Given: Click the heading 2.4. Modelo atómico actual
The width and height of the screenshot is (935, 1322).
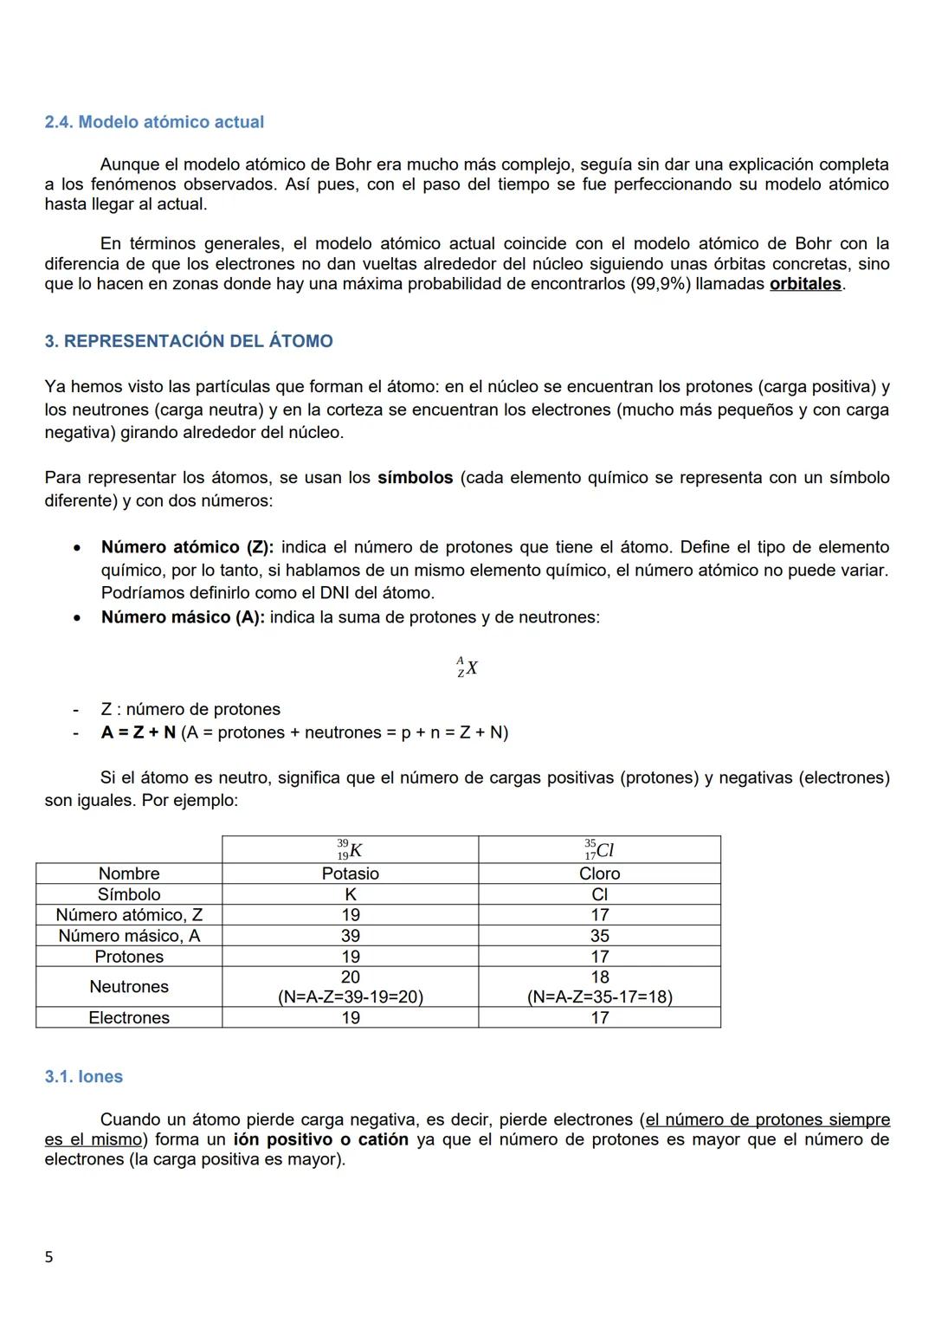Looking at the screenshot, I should click(154, 122).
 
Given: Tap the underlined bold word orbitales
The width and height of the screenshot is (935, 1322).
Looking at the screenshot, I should click(805, 284).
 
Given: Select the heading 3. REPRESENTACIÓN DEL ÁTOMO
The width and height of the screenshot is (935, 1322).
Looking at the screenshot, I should click(189, 341).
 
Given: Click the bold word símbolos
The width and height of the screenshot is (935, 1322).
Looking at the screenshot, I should click(415, 478).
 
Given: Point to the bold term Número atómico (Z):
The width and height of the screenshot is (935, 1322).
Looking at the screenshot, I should click(187, 547).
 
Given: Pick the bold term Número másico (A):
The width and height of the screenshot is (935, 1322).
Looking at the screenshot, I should click(183, 617).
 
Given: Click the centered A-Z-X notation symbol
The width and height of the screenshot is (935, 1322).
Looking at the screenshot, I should click(467, 667).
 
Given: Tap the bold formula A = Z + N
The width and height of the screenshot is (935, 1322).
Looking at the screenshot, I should click(138, 732).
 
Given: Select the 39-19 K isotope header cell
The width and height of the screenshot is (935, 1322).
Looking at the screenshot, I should click(350, 849).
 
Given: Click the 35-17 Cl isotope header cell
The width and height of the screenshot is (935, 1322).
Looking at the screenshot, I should click(599, 849).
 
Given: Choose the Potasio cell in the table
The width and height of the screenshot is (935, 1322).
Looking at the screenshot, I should click(350, 874).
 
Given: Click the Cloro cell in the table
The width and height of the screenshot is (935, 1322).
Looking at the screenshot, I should click(599, 874).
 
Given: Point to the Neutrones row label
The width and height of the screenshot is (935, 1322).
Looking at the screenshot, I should click(129, 987).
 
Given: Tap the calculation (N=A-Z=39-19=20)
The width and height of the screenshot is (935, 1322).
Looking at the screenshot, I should click(350, 997).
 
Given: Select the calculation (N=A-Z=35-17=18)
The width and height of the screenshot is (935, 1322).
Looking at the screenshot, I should click(599, 997).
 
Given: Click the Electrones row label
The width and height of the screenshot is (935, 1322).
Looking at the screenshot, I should click(129, 1018).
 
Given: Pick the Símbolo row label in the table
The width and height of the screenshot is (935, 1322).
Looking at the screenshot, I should click(129, 894).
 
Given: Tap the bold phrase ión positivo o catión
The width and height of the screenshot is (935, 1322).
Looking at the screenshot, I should click(320, 1140).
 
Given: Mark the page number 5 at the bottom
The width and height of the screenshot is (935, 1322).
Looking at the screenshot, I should click(48, 1257).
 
